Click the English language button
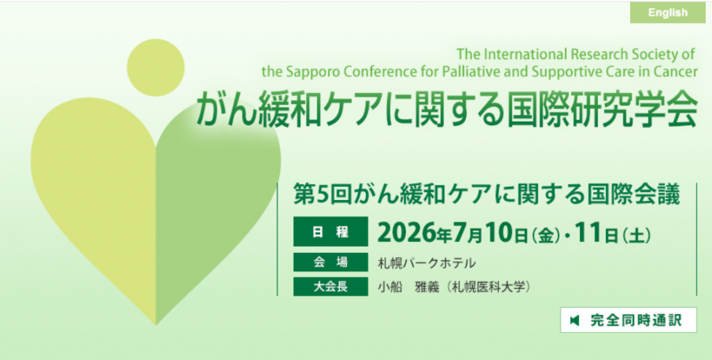click(x=667, y=13)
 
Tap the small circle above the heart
click(x=156, y=67)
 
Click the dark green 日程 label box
click(x=330, y=231)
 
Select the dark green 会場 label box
click(x=330, y=262)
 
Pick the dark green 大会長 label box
click(x=330, y=286)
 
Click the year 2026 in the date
click(x=405, y=232)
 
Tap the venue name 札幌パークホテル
click(x=427, y=263)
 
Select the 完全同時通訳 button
click(x=629, y=320)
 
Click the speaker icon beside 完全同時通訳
click(x=575, y=320)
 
